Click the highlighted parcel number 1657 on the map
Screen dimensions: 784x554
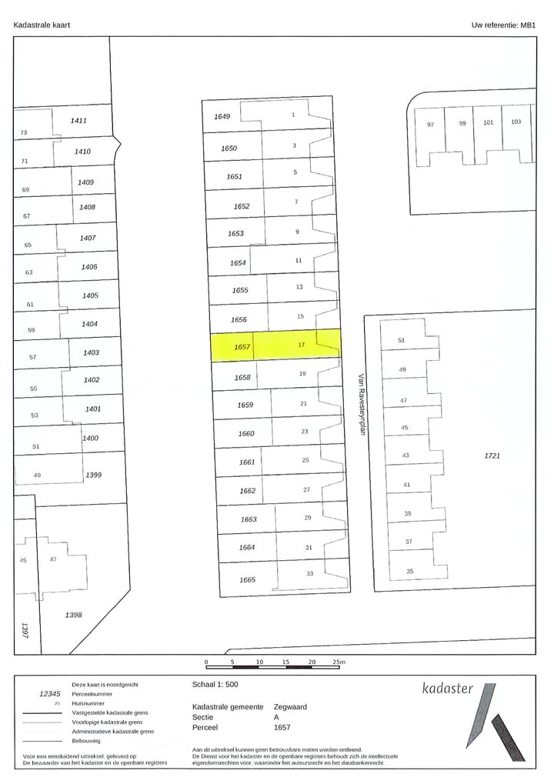point(243,348)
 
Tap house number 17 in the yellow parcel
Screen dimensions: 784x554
point(302,345)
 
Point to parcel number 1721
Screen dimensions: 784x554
point(492,456)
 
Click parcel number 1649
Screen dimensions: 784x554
point(222,117)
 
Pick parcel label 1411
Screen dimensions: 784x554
point(78,121)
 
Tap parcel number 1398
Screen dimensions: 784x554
point(74,615)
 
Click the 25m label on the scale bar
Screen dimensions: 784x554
point(339,662)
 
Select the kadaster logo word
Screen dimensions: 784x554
point(448,689)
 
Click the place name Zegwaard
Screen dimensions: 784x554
point(290,706)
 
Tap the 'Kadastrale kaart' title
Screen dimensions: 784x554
point(42,25)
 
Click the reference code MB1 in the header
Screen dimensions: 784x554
point(528,25)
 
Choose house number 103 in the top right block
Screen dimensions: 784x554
point(516,122)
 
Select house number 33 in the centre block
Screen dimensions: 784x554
point(310,573)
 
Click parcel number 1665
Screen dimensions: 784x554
point(247,580)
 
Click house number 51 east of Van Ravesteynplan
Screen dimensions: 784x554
point(401,341)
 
